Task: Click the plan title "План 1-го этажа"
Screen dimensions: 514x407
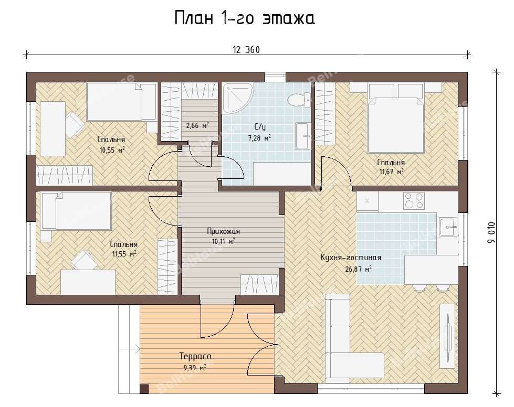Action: pos(244,18)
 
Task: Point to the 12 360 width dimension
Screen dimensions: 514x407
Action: pos(246,50)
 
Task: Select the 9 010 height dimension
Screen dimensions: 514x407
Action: pos(492,232)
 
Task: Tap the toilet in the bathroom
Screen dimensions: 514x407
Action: pos(299,99)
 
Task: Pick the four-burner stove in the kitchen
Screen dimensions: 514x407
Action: pos(414,200)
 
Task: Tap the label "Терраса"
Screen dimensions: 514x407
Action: pos(195,356)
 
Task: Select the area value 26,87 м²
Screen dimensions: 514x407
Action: pos(358,269)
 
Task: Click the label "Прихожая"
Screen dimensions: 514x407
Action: pos(224,231)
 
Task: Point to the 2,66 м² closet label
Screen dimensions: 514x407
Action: pos(197,125)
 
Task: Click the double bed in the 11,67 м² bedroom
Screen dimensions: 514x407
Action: pos(395,118)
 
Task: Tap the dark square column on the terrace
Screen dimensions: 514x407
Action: pos(144,389)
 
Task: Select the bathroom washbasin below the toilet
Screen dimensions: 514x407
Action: pos(302,135)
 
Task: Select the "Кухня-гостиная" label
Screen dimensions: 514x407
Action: pos(351,258)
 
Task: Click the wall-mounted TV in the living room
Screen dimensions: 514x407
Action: pos(447,334)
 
